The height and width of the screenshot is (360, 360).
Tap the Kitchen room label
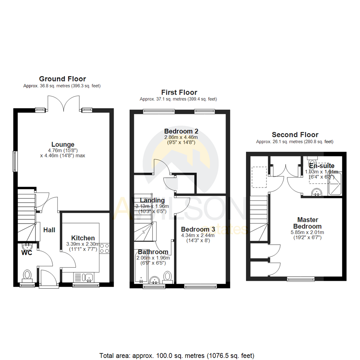click(83, 238)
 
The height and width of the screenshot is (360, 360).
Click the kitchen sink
click(88, 277)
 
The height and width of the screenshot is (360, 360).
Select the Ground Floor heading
click(62, 79)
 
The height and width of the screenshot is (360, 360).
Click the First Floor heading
click(179, 92)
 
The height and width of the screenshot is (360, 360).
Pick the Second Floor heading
click(295, 135)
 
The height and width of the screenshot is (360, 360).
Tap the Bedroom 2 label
click(179, 131)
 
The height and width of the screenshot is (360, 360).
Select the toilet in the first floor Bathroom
click(168, 276)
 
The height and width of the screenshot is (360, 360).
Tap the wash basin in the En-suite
click(316, 192)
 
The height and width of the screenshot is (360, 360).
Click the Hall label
click(49, 230)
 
